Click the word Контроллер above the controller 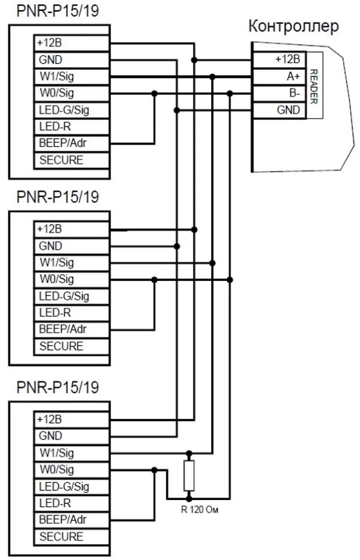coord(293,27)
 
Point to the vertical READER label coord(313,85)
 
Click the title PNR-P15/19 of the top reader coord(58,12)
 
